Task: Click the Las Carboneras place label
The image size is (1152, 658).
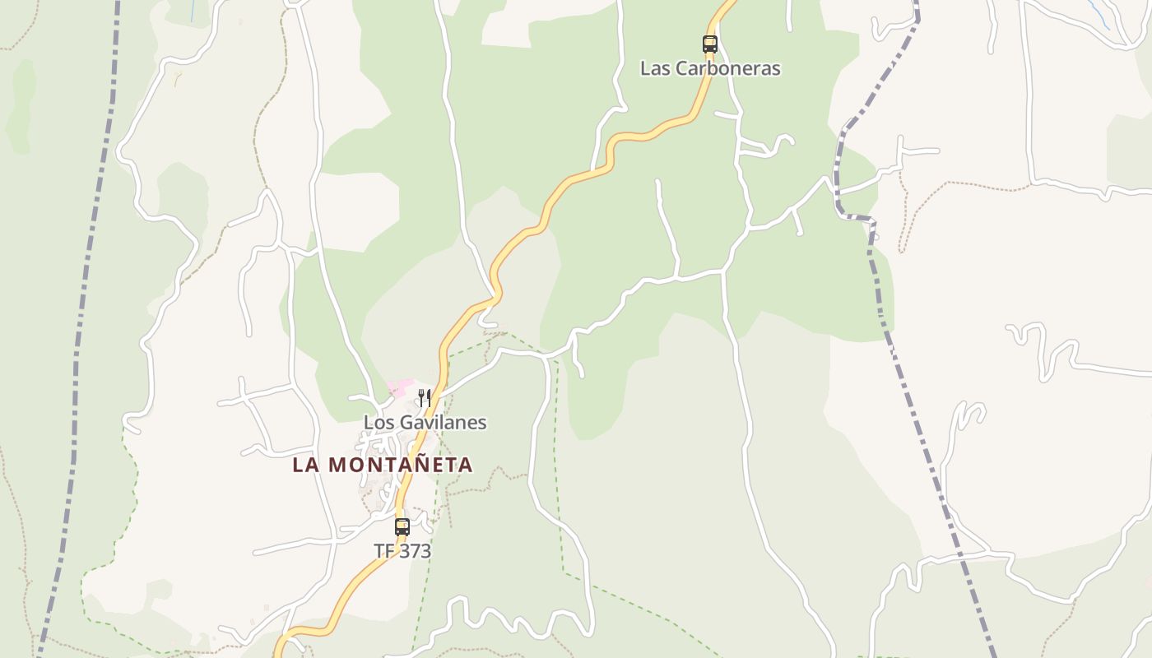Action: click(x=710, y=68)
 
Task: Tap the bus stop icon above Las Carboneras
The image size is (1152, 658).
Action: click(x=709, y=44)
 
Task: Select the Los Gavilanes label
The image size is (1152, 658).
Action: click(x=425, y=423)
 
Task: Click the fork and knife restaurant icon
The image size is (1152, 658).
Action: click(x=425, y=398)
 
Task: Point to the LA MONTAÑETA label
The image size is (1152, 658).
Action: click(x=383, y=465)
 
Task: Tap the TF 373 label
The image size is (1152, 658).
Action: click(x=402, y=551)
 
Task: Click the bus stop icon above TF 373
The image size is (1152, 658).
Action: click(x=402, y=527)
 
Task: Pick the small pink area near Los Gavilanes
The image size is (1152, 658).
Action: click(x=401, y=387)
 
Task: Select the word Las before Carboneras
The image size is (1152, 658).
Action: click(x=655, y=68)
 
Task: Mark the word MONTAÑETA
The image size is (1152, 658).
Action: click(x=401, y=465)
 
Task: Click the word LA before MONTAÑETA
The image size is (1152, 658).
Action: click(x=306, y=465)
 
